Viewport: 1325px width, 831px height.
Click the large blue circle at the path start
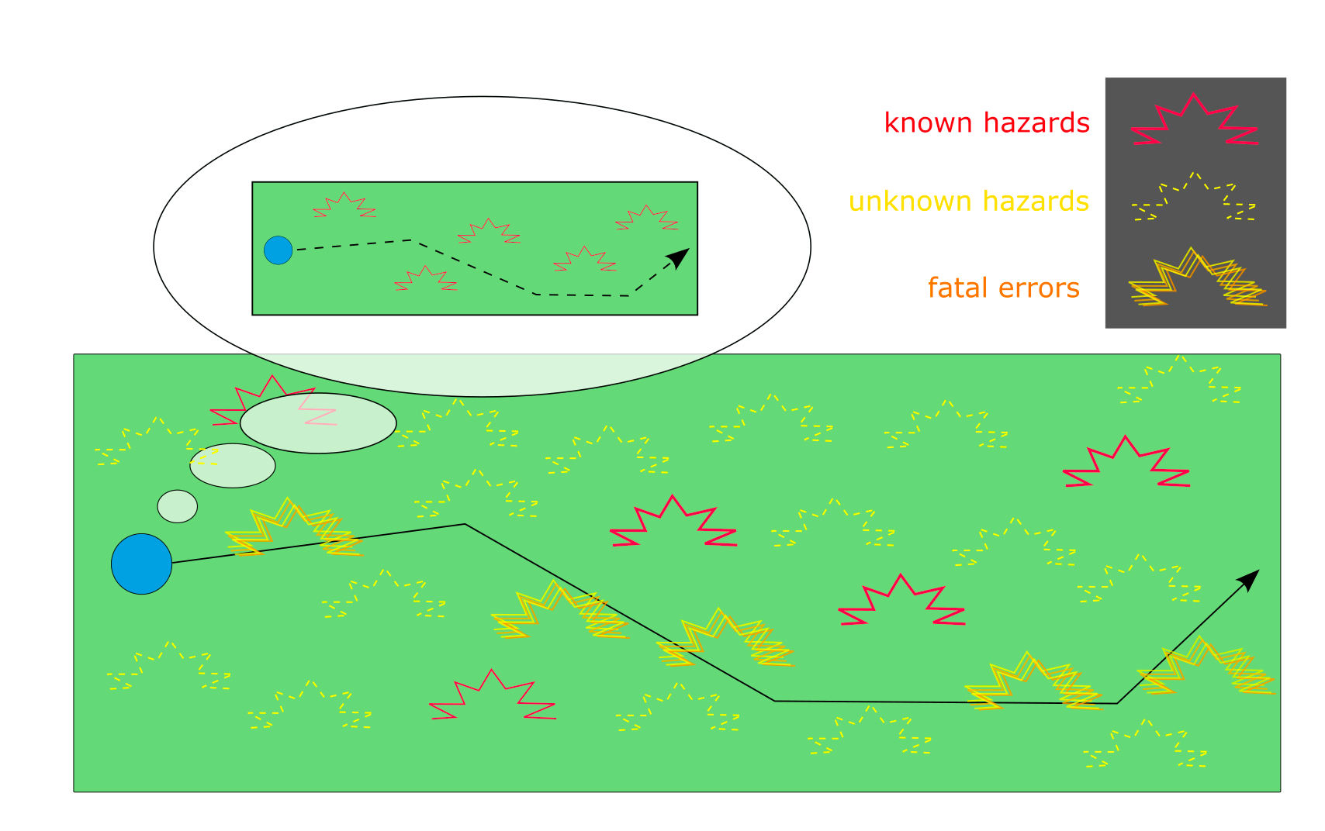coord(141,564)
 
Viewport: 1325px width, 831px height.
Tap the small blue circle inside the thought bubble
coord(278,250)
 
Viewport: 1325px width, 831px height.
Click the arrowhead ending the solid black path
coord(1250,578)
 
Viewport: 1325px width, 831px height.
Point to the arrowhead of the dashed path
coord(680,257)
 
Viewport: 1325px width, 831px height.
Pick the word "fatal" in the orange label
coord(959,288)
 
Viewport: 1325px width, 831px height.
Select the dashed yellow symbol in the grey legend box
coord(1195,198)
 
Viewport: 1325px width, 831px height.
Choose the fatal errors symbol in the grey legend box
coord(1196,279)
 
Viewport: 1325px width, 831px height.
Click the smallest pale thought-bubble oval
coord(178,506)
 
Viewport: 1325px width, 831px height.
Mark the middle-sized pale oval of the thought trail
coord(233,465)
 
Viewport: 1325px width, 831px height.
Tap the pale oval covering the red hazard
coord(318,423)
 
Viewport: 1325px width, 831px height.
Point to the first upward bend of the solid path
coord(465,525)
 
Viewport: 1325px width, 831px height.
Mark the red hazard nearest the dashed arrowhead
coord(646,218)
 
